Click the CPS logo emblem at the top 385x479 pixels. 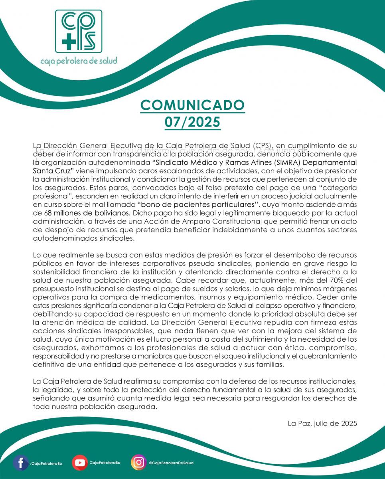click(x=78, y=31)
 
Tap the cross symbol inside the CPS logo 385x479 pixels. click(x=68, y=41)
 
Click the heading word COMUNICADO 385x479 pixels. click(x=192, y=105)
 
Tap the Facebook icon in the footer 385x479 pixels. click(x=20, y=463)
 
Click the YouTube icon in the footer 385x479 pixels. click(x=80, y=463)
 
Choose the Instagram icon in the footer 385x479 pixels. click(x=138, y=463)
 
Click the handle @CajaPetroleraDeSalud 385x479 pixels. click(x=172, y=463)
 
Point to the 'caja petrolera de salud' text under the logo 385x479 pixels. click(x=79, y=61)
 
